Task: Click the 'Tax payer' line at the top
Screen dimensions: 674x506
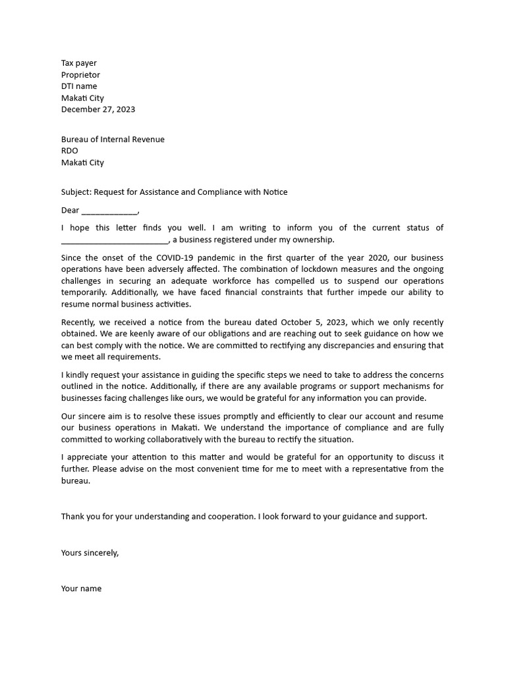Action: [x=79, y=63]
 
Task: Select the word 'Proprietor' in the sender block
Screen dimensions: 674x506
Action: [x=80, y=75]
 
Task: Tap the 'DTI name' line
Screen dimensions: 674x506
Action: [x=79, y=86]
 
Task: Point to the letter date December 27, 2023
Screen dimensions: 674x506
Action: [x=98, y=109]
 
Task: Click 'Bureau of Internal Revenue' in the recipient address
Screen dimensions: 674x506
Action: [x=113, y=140]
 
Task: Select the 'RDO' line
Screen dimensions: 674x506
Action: [x=70, y=151]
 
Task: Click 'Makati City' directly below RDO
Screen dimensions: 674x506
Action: [x=82, y=163]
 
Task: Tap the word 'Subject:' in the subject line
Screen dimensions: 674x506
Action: [x=76, y=192]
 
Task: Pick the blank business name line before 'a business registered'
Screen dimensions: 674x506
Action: [x=115, y=240]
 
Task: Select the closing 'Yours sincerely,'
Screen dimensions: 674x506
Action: [x=90, y=553]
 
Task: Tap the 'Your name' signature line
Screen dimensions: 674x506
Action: [x=82, y=589]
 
